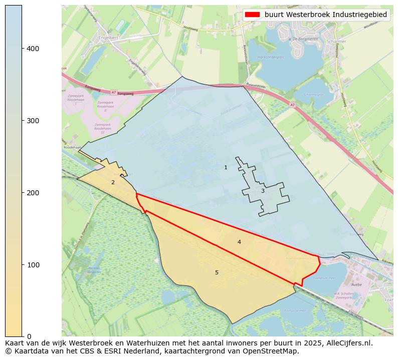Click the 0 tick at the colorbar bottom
click(x=29, y=336)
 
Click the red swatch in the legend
click(x=253, y=15)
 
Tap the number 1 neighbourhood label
click(x=226, y=167)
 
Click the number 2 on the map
click(x=113, y=182)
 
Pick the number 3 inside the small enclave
click(x=262, y=191)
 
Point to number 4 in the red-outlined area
click(x=239, y=242)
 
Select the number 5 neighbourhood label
click(x=217, y=272)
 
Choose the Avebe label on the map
click(x=356, y=284)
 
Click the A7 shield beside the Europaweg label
click(x=114, y=92)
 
